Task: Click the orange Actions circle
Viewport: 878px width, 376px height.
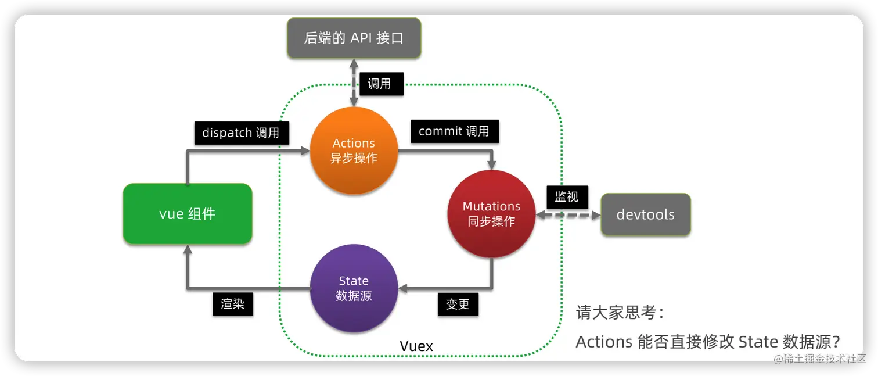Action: pos(354,151)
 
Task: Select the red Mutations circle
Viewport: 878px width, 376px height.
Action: pos(491,214)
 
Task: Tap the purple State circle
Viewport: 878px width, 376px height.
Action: pos(354,288)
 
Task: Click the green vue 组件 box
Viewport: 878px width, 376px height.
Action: pos(187,214)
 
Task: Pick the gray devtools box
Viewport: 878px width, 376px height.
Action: pos(645,214)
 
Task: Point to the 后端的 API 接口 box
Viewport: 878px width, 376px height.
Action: pos(353,38)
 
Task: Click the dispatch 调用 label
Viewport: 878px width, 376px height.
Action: pos(241,133)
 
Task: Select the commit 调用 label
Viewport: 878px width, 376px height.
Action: pos(454,131)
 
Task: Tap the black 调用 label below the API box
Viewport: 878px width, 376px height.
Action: pos(379,84)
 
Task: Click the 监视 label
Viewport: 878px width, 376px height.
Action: pos(567,197)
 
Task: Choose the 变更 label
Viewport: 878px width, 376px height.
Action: pos(458,304)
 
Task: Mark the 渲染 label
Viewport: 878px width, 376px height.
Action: pos(232,304)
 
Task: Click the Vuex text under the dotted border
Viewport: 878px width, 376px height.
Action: pos(416,346)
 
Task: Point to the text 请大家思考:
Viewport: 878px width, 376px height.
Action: pos(620,313)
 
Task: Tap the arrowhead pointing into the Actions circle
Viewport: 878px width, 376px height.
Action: pos(305,151)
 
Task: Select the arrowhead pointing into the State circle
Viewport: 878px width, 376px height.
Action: pos(402,288)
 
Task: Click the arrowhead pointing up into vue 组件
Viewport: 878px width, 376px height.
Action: pos(187,249)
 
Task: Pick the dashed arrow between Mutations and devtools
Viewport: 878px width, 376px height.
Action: pos(568,215)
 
